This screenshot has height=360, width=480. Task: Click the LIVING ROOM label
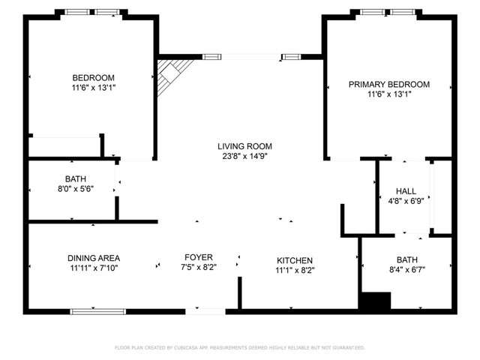click(x=244, y=146)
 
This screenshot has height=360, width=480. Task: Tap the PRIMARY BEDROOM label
click(x=389, y=84)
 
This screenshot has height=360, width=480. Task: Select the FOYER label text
click(x=199, y=257)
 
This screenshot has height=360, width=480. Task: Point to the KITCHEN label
click(x=295, y=260)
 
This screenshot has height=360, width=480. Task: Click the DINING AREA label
click(x=94, y=258)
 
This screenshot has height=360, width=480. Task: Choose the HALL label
click(x=406, y=191)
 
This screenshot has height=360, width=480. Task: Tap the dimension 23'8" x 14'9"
click(x=244, y=156)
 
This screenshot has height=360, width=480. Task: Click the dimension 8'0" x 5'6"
click(x=76, y=189)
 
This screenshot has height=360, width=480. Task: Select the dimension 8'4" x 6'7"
click(x=406, y=270)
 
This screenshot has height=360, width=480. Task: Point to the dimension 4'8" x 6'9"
click(x=406, y=201)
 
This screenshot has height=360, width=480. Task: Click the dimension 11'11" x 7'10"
click(x=94, y=268)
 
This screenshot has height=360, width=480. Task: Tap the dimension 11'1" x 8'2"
click(x=295, y=270)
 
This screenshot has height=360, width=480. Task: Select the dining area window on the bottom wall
click(x=98, y=312)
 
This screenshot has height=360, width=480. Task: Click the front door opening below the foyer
click(x=205, y=312)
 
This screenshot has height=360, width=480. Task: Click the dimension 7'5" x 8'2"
click(x=199, y=267)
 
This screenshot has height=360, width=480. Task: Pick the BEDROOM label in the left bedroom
click(x=93, y=78)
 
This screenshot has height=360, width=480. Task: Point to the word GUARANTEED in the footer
click(x=349, y=348)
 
